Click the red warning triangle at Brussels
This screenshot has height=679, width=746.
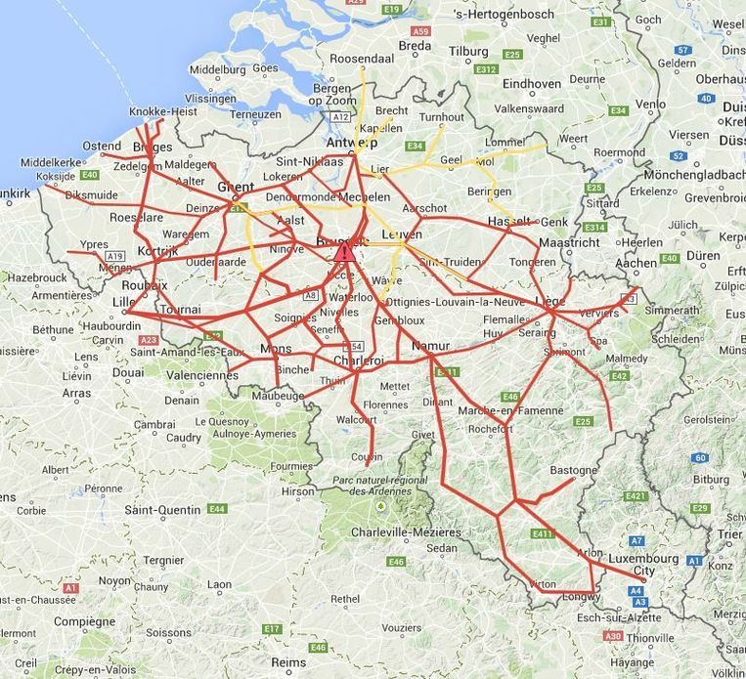click(344, 253)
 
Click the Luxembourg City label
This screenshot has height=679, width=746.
click(643, 565)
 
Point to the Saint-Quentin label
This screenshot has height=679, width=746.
click(163, 509)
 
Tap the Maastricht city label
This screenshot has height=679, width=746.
click(569, 241)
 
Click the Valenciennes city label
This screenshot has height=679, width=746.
click(202, 374)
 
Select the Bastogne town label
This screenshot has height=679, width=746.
click(573, 470)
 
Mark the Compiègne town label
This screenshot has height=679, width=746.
click(84, 620)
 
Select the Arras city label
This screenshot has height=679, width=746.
click(75, 394)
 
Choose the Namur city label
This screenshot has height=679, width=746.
click(430, 346)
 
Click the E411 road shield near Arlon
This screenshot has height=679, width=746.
click(544, 534)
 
